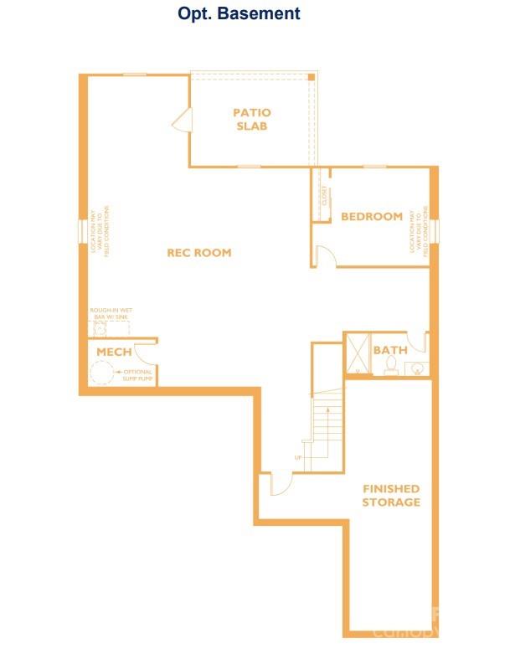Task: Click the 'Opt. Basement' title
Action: [239, 13]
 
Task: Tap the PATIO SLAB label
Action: [251, 120]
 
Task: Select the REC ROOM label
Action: [198, 253]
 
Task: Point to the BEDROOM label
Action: [372, 217]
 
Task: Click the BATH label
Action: [389, 349]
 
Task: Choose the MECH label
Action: [114, 352]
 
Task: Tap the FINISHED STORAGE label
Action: [391, 495]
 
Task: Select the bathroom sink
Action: [416, 368]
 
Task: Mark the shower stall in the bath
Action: [357, 353]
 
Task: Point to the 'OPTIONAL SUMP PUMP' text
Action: [136, 374]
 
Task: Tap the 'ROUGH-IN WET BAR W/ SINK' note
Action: [111, 315]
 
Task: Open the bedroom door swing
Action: [326, 257]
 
